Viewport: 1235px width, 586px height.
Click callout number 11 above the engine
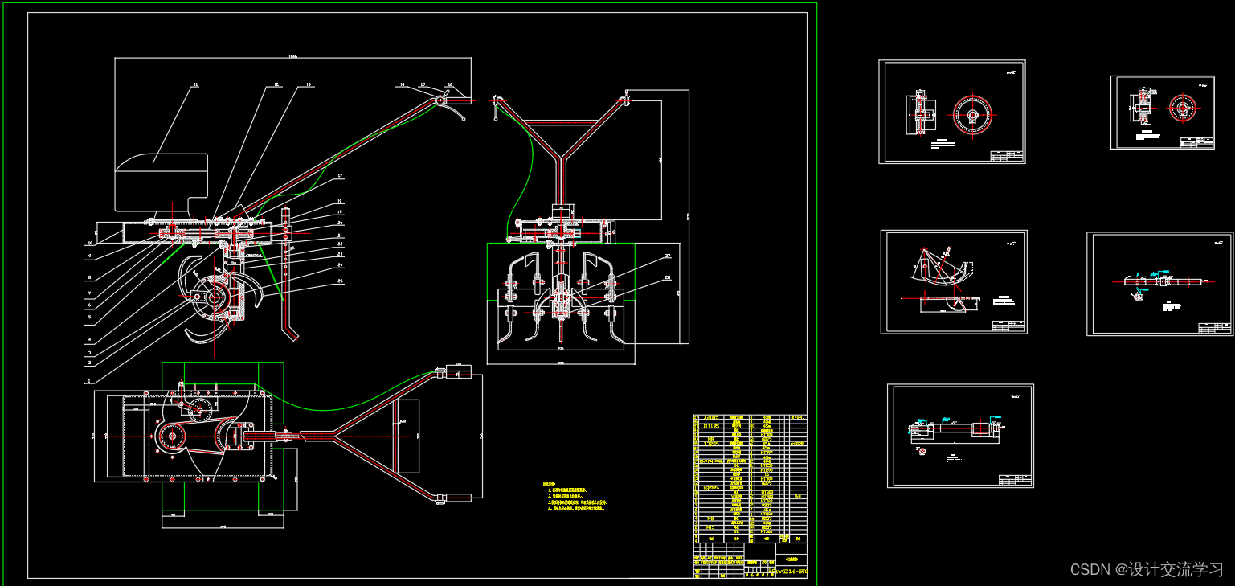click(x=195, y=84)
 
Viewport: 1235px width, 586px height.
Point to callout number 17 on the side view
click(x=340, y=175)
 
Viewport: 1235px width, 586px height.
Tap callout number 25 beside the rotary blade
click(x=340, y=281)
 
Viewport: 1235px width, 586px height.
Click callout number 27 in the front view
click(x=667, y=256)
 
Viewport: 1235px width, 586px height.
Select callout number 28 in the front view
click(x=667, y=277)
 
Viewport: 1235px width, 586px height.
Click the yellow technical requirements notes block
click(x=575, y=497)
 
